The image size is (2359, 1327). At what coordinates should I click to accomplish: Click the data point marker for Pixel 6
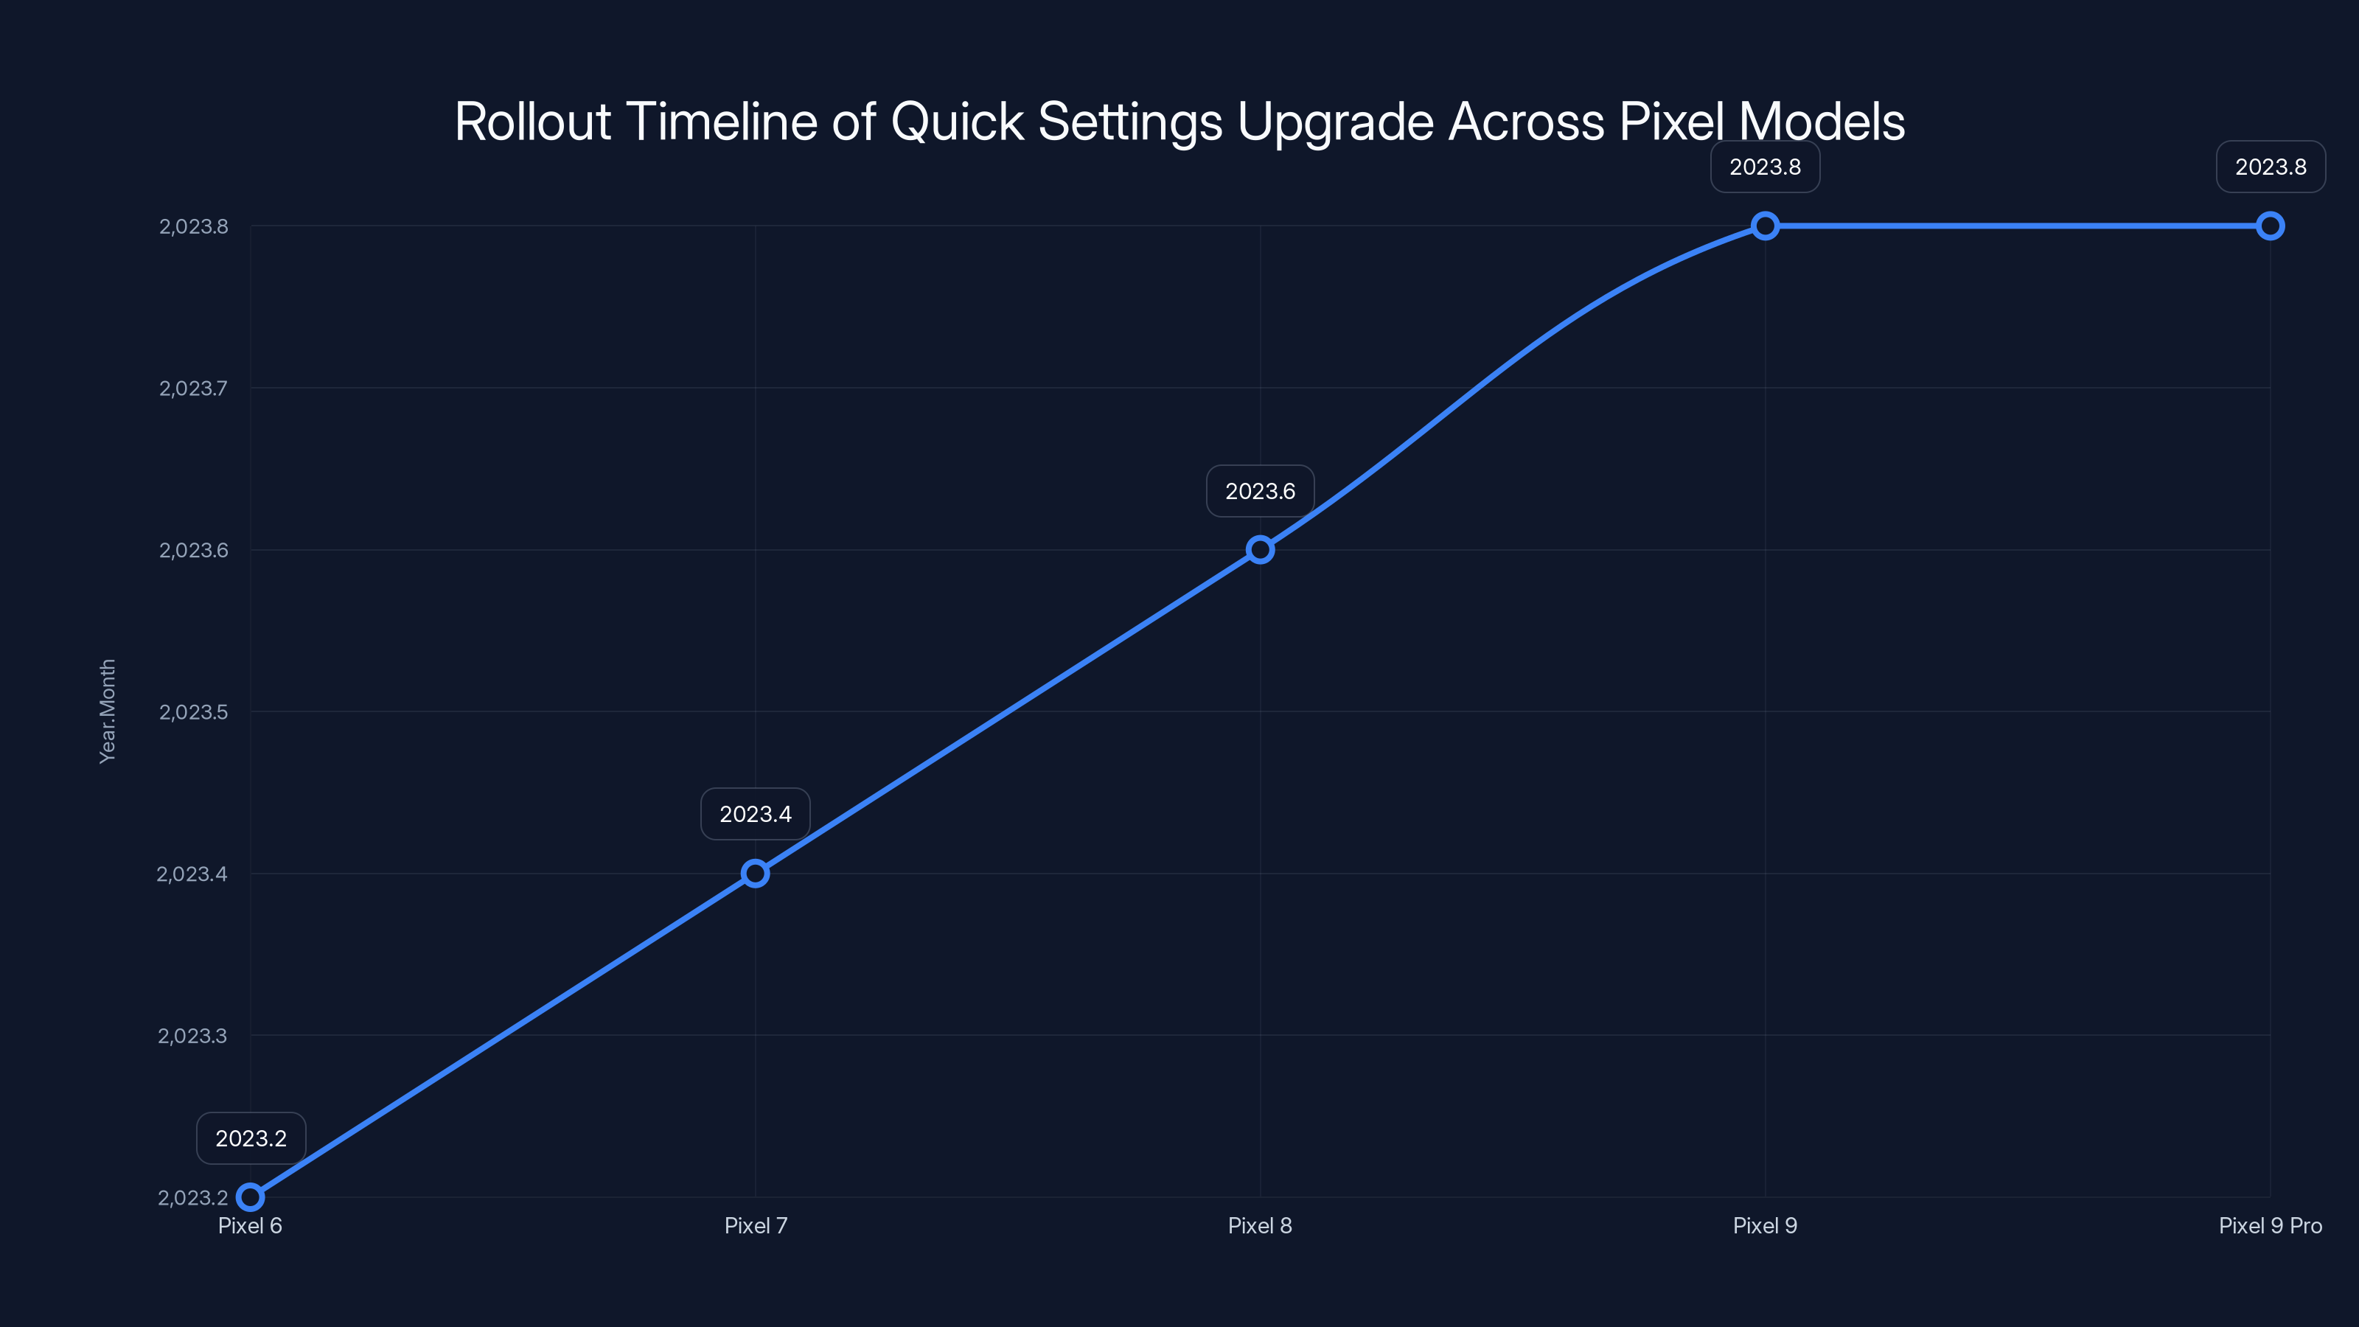250,1197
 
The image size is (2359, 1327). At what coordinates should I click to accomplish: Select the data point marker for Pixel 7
756,874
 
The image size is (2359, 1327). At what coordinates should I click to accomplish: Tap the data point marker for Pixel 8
1260,549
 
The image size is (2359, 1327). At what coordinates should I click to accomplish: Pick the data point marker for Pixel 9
1766,226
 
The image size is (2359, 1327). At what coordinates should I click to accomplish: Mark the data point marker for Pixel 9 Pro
2271,226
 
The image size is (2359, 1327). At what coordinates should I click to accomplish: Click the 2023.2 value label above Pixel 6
251,1138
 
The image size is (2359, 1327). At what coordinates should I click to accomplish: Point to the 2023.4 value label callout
756,814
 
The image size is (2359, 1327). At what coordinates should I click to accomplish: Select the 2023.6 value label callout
1260,491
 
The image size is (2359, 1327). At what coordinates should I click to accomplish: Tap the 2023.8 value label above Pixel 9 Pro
2271,167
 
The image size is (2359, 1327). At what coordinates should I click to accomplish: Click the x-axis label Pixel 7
756,1225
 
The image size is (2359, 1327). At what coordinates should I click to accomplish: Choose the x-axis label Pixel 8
1260,1225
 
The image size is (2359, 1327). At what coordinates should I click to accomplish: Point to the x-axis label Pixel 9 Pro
2271,1225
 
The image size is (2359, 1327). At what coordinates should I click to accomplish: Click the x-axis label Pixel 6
250,1225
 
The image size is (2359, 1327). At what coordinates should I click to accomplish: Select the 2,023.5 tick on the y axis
193,711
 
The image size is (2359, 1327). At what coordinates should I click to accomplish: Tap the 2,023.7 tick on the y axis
193,389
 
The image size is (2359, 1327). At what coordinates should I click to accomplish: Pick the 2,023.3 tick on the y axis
192,1036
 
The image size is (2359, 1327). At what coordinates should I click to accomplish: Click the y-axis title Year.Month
107,711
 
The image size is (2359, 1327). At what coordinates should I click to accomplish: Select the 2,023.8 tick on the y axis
193,226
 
